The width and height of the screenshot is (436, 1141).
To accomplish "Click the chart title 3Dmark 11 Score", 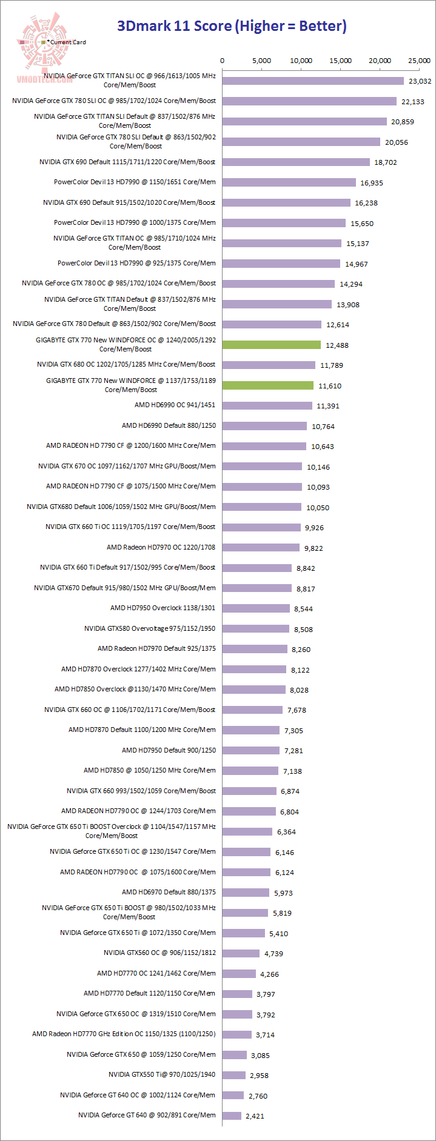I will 232,26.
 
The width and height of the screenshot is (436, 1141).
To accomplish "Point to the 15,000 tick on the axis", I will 340,61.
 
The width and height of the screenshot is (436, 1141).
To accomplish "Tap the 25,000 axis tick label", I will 419,61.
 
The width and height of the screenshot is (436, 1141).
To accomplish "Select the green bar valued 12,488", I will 271,345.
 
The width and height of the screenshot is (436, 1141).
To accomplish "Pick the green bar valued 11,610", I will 267,385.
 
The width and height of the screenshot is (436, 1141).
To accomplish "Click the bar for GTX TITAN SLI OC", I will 312,81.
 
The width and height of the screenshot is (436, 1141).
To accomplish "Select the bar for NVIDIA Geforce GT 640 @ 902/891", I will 232,1116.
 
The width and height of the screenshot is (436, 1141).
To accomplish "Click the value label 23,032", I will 420,81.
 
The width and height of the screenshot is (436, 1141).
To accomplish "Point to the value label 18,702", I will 386,162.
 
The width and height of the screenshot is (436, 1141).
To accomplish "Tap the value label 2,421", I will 255,1116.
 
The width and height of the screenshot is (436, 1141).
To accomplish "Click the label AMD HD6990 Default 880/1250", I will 169,425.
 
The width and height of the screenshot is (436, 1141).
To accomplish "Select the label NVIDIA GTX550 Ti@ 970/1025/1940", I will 162,1074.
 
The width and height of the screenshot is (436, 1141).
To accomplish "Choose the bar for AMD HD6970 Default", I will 246,892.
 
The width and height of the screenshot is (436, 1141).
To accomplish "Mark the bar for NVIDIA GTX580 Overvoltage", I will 255,628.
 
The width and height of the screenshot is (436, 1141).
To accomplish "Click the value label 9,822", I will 314,548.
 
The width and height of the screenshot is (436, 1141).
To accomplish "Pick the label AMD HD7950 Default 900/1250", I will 169,750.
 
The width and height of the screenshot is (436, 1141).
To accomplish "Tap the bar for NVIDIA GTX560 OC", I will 241,953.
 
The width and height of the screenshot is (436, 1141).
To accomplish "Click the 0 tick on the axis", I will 223,61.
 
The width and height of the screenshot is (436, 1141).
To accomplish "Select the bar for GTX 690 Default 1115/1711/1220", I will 296,162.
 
